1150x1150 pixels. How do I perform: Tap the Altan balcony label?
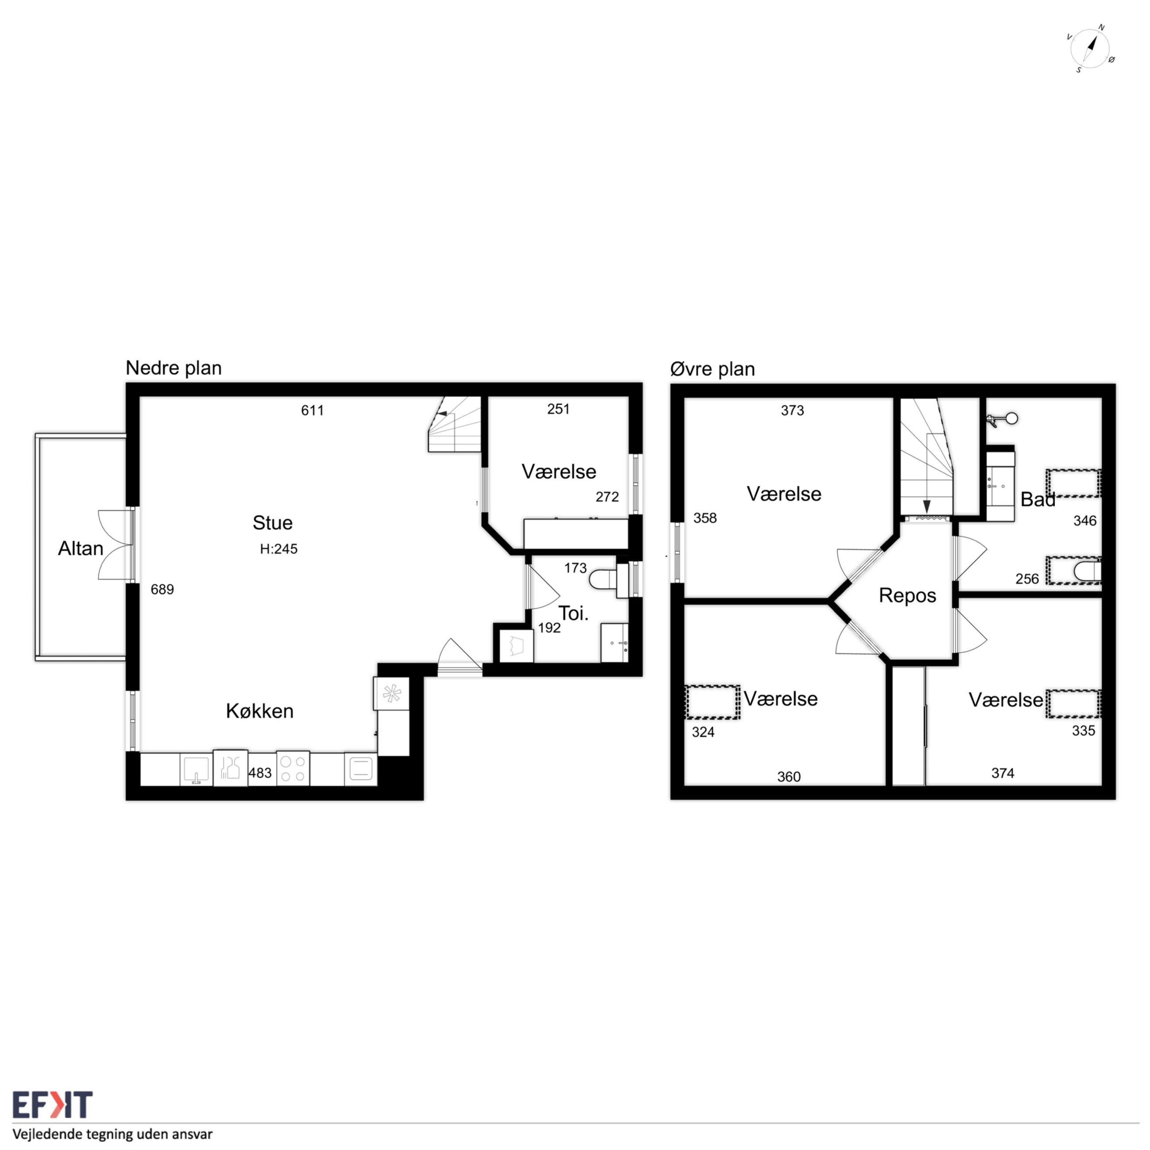80,548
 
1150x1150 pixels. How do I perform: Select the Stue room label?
272,523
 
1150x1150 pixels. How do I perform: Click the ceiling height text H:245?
279,549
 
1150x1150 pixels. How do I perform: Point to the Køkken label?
260,711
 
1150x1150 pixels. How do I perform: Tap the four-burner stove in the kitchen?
292,768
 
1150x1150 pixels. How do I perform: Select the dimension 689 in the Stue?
162,589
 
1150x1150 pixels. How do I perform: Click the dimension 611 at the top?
313,410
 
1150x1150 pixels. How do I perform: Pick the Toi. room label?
574,613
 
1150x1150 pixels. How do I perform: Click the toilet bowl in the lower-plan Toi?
603,579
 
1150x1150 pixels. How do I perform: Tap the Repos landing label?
907,596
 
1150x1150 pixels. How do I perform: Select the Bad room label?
1038,499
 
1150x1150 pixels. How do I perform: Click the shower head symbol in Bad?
1005,419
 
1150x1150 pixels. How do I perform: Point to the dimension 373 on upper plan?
792,410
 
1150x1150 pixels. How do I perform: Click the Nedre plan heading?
174,368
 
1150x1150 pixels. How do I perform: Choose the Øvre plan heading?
713,369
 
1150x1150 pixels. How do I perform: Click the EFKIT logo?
52,1105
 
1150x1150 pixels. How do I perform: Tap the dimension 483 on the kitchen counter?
260,773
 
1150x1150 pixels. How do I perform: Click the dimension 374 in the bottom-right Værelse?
1003,773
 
